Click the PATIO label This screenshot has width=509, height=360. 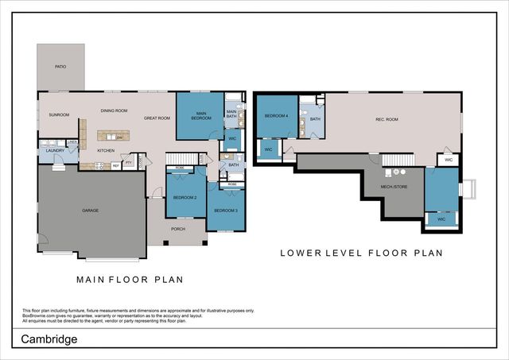pos(60,67)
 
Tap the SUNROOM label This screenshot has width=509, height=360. pos(59,115)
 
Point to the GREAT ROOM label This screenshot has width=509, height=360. pos(157,118)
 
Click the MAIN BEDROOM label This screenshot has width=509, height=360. pos(200,116)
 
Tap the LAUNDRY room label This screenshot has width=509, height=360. pos(55,150)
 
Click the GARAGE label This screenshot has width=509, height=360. pos(90,211)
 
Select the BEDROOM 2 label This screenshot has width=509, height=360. pos(185,197)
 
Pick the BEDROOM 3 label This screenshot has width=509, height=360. pos(227,211)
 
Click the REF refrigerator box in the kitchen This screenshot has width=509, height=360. pos(116,165)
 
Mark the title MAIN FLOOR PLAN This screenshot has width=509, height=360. pos(130,279)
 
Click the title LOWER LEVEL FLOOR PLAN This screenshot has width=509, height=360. pos(361,254)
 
